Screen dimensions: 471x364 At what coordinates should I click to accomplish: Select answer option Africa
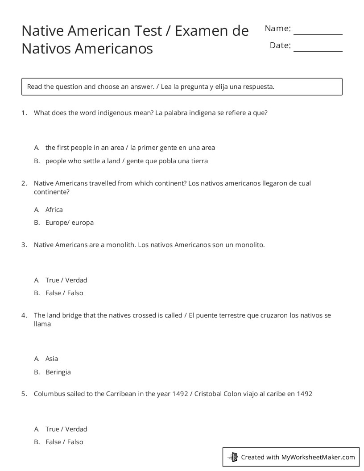(54, 210)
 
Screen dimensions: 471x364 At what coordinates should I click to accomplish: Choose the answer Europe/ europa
(69, 223)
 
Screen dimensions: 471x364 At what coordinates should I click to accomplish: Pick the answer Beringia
(58, 372)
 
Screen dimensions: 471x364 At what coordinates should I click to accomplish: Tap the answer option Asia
(52, 359)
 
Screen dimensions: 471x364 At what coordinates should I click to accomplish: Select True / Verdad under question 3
(66, 280)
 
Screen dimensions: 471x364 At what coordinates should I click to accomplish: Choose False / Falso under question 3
(64, 293)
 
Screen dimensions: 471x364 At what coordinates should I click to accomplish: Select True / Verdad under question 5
(66, 429)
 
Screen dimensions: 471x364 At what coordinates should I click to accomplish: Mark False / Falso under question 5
(64, 442)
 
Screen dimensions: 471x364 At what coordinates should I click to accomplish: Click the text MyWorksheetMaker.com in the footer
(318, 457)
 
